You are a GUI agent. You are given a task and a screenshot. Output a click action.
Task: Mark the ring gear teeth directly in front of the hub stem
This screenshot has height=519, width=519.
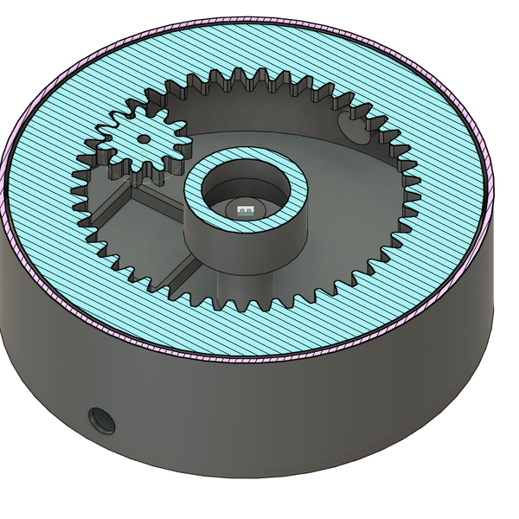tap(242, 304)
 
